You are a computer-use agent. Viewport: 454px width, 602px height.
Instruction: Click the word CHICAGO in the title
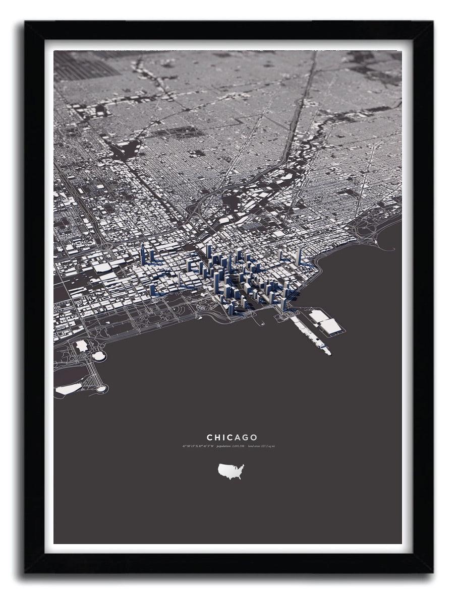click(x=232, y=438)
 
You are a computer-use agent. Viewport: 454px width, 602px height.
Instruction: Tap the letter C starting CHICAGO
click(x=209, y=438)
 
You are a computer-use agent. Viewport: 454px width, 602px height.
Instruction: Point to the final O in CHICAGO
click(x=254, y=438)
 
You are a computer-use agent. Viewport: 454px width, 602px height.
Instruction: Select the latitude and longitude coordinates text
click(x=198, y=446)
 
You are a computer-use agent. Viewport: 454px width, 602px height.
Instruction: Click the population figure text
click(x=231, y=446)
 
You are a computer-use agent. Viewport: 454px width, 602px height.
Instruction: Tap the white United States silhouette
click(x=231, y=472)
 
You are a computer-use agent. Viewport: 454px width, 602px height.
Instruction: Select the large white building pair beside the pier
click(x=326, y=322)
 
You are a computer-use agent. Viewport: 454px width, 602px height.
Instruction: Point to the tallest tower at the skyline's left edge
click(x=143, y=254)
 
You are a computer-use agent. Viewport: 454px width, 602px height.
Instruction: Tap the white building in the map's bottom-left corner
click(x=68, y=389)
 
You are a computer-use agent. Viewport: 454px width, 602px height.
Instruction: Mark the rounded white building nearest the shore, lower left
click(x=98, y=356)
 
